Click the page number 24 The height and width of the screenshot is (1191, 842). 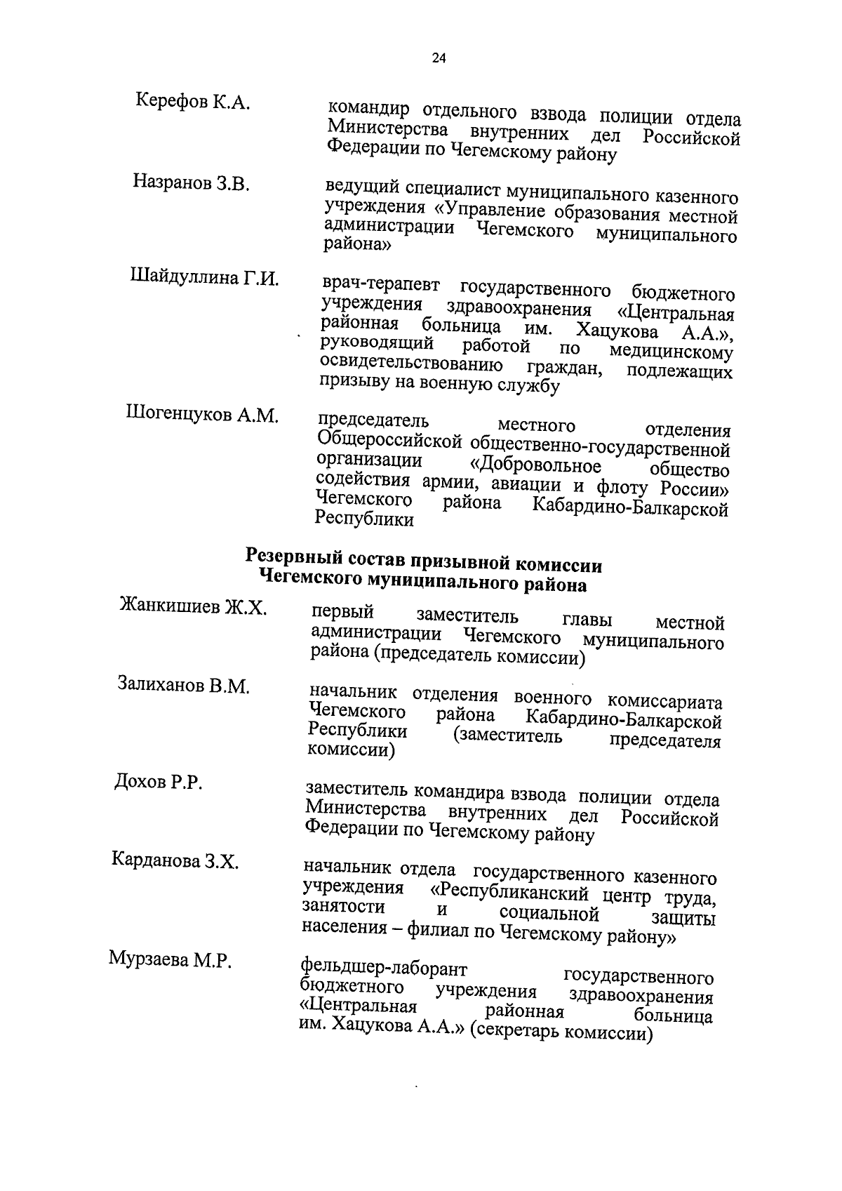pos(439,59)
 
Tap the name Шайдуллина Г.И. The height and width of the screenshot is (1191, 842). pos(204,278)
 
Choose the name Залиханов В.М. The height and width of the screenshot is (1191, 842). pos(183,686)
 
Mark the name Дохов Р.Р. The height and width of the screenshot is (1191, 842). pos(158,783)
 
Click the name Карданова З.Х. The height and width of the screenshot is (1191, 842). pos(175,861)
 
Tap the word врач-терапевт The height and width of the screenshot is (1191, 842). pos(381,286)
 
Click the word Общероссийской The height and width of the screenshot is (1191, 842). pos(389,442)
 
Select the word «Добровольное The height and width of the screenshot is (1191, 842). pos(535,467)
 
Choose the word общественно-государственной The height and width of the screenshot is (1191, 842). pos(600,447)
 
